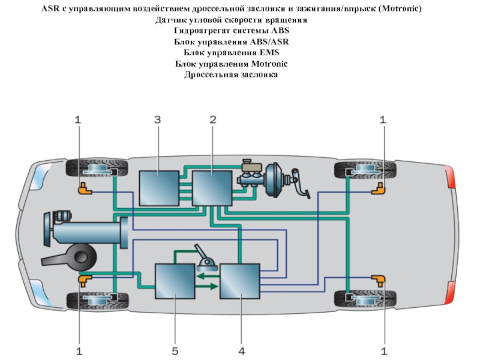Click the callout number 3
pyautogui.click(x=157, y=120)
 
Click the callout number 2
pyautogui.click(x=213, y=120)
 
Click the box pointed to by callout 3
pyautogui.click(x=158, y=188)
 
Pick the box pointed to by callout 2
pyautogui.click(x=212, y=188)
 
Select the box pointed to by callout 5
pyautogui.click(x=175, y=281)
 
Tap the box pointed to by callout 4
pyautogui.click(x=239, y=281)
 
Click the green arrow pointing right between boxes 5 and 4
pyautogui.click(x=207, y=286)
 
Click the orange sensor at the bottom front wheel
pyautogui.click(x=83, y=279)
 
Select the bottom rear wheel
pyautogui.click(x=365, y=298)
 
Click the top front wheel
pyautogui.click(x=96, y=169)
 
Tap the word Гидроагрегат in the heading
pyautogui.click(x=201, y=31)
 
